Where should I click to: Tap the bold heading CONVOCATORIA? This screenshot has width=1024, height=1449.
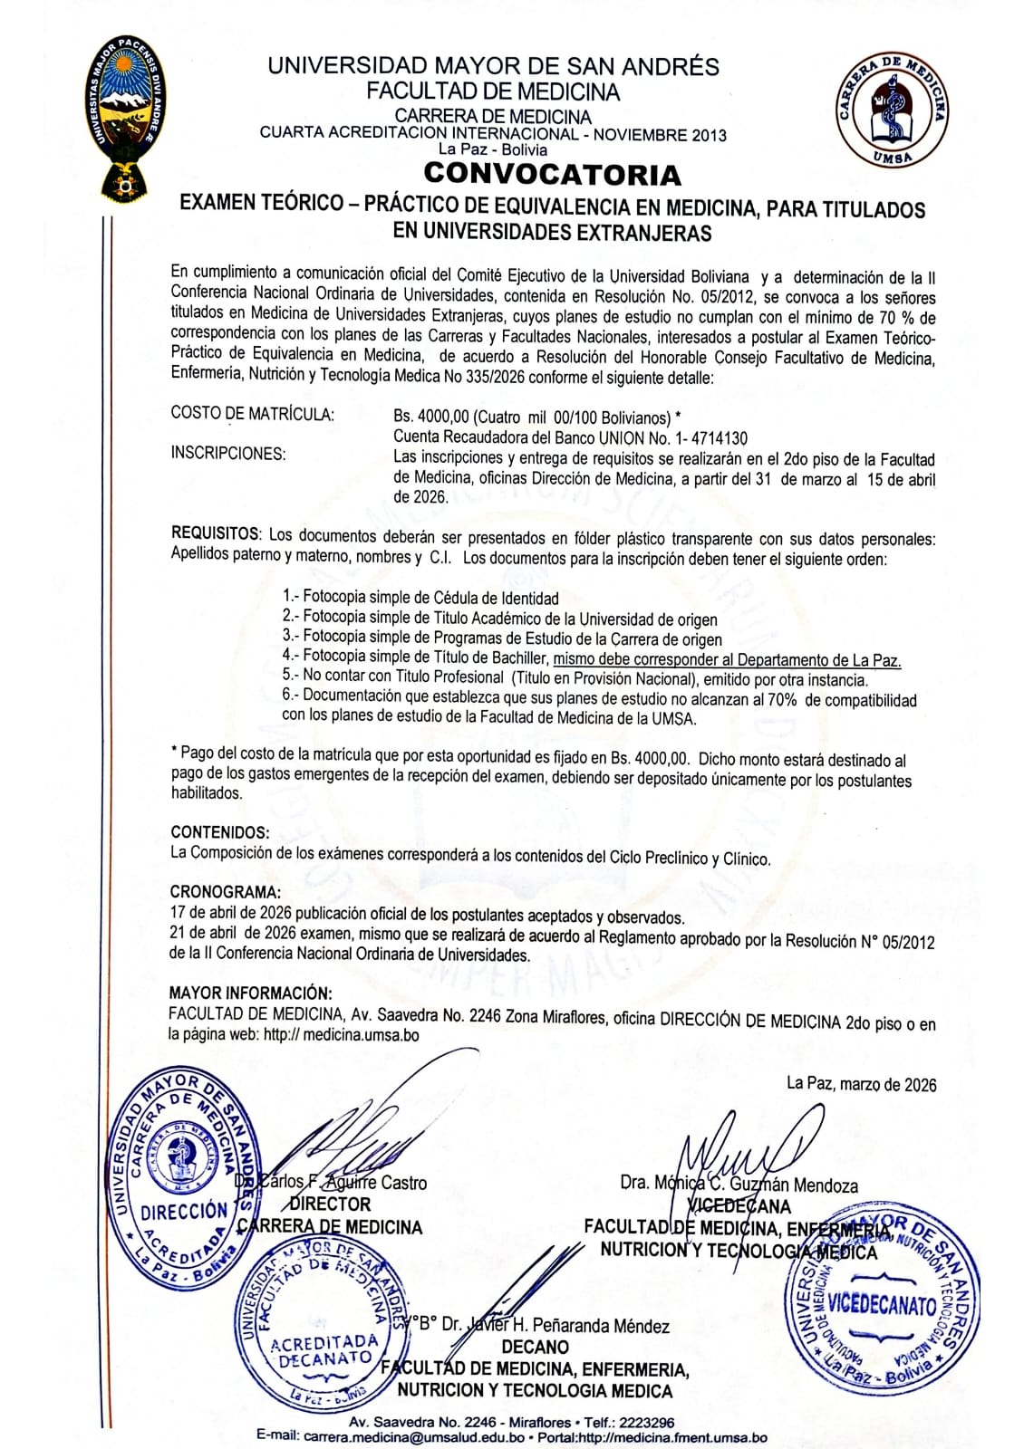pos(552,174)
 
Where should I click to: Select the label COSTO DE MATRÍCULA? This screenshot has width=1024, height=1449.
pos(252,415)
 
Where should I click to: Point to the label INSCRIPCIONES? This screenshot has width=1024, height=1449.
pos(228,454)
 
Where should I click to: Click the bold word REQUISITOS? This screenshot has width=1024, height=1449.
pos(215,534)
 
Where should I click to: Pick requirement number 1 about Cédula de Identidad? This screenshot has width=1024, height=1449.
pos(420,598)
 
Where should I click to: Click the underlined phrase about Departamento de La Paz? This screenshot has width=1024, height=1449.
pos(728,660)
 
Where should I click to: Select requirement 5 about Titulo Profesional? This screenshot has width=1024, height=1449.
pos(575,678)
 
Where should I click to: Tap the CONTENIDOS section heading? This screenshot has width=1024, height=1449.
pos(219,832)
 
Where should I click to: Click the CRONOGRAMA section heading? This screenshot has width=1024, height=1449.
pos(225,893)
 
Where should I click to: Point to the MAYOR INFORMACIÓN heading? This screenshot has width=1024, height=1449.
pos(250,993)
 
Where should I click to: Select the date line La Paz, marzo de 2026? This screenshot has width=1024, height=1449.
pos(861,1084)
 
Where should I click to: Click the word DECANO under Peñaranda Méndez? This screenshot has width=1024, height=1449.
pos(535,1347)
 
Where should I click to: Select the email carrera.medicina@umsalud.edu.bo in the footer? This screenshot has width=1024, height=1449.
pos(414,1437)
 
